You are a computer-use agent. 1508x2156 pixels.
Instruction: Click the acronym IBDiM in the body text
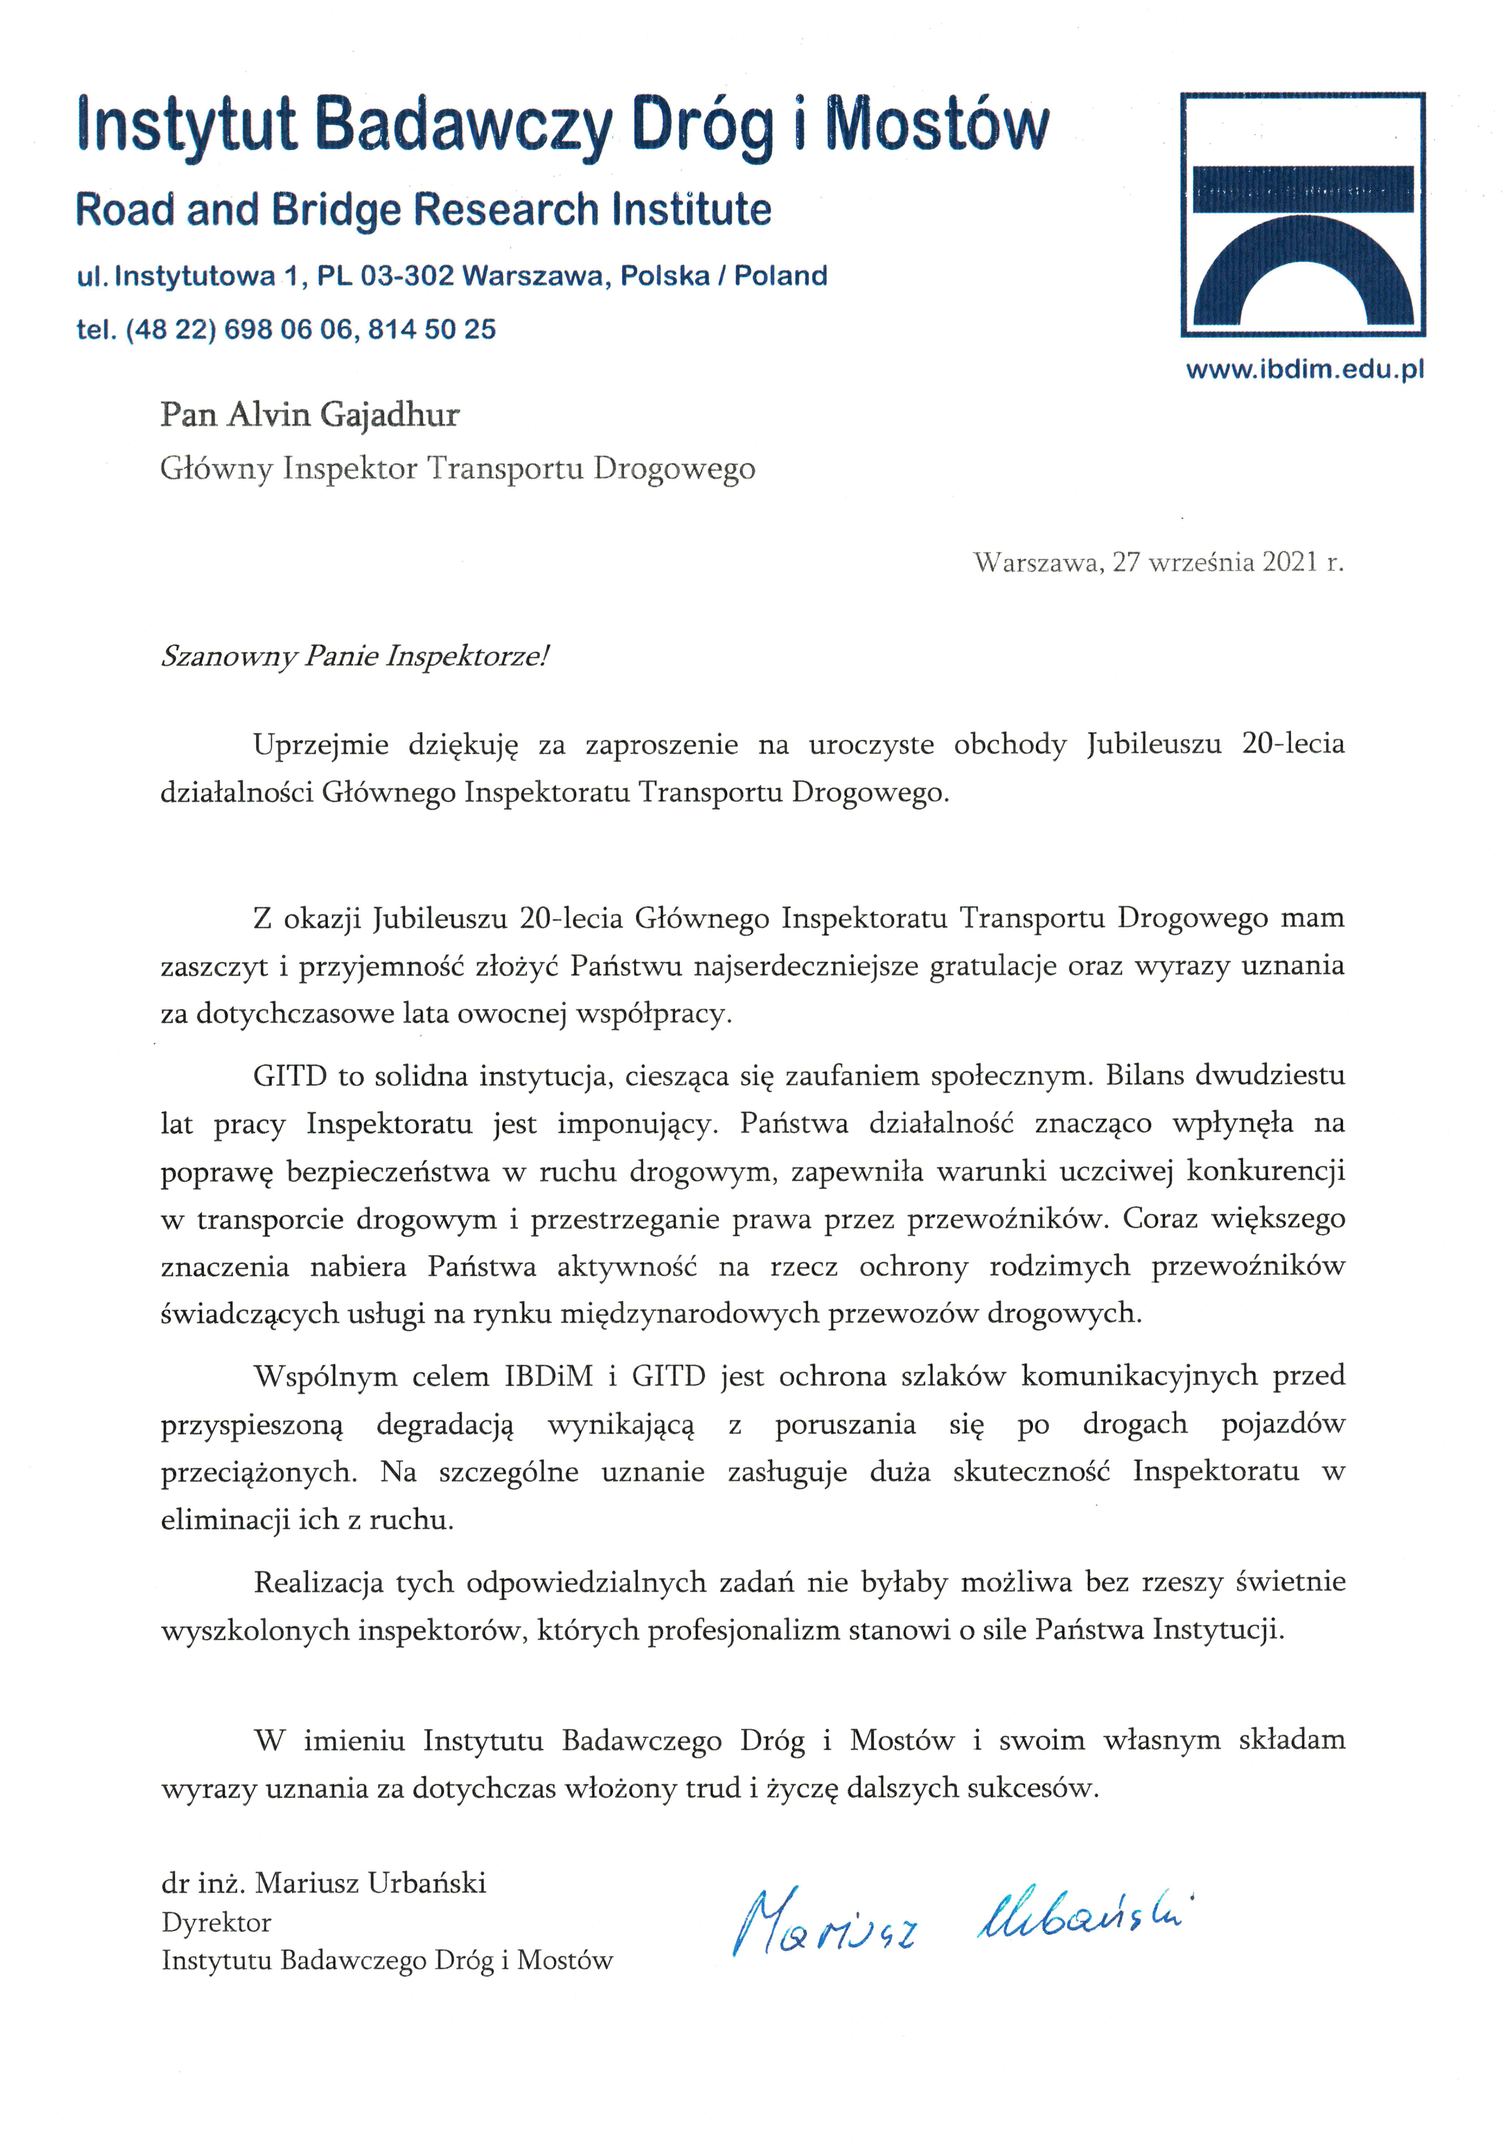point(548,1376)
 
